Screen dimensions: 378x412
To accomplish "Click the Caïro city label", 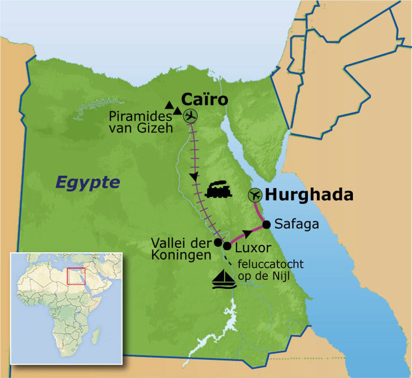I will pos(204,99).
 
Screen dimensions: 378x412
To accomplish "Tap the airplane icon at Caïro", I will pos(190,116).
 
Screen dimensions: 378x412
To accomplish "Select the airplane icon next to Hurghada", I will pos(255,195).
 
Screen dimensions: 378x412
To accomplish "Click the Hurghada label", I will pos(309,195).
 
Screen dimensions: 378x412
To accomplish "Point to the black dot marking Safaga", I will pos(266,224).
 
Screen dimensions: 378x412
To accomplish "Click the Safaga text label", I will pos(297,224).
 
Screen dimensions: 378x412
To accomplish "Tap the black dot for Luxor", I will pos(227,246).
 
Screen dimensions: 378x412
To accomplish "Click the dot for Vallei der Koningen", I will pos(218,242).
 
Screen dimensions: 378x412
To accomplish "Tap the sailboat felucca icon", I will pos(224,279).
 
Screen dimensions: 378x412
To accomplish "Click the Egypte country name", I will pos(88,182).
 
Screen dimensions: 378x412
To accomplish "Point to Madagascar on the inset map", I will pos(96,336).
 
